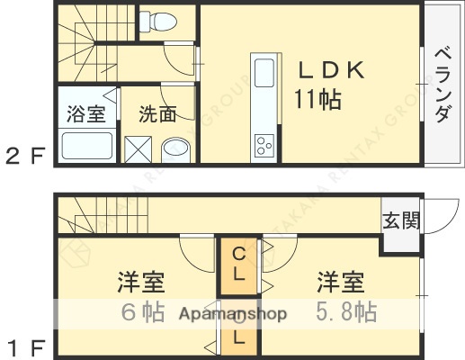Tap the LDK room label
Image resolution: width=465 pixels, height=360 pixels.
point(325,70)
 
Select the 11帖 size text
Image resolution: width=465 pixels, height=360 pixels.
point(316,99)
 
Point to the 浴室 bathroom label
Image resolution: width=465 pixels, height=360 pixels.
point(85,113)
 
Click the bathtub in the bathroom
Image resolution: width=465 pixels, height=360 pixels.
point(86,145)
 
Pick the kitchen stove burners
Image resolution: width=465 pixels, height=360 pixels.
point(264,145)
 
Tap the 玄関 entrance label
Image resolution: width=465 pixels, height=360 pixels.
point(400,220)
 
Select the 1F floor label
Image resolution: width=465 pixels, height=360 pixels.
point(25,345)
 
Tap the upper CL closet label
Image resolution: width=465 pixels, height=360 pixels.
point(238,265)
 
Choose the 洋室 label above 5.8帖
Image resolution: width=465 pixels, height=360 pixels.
point(341,283)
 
